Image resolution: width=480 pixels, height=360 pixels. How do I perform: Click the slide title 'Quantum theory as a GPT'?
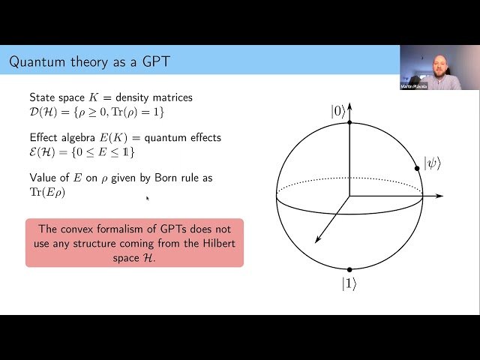pos(89,61)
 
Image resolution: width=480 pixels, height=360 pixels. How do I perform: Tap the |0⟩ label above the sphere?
pos(338,111)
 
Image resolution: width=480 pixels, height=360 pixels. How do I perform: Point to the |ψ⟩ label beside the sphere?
pos(432,163)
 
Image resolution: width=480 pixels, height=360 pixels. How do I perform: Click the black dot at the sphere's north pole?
pos(349,121)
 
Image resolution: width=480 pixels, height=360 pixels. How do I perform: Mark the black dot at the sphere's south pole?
pos(349,268)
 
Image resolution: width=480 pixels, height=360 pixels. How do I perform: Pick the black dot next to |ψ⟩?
pos(417,168)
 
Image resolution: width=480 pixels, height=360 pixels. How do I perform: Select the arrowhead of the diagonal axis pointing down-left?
pos(317,240)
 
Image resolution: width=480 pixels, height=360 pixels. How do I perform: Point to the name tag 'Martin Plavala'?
pos(414,86)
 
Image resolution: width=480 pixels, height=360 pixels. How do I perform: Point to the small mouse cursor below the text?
pos(147,198)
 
